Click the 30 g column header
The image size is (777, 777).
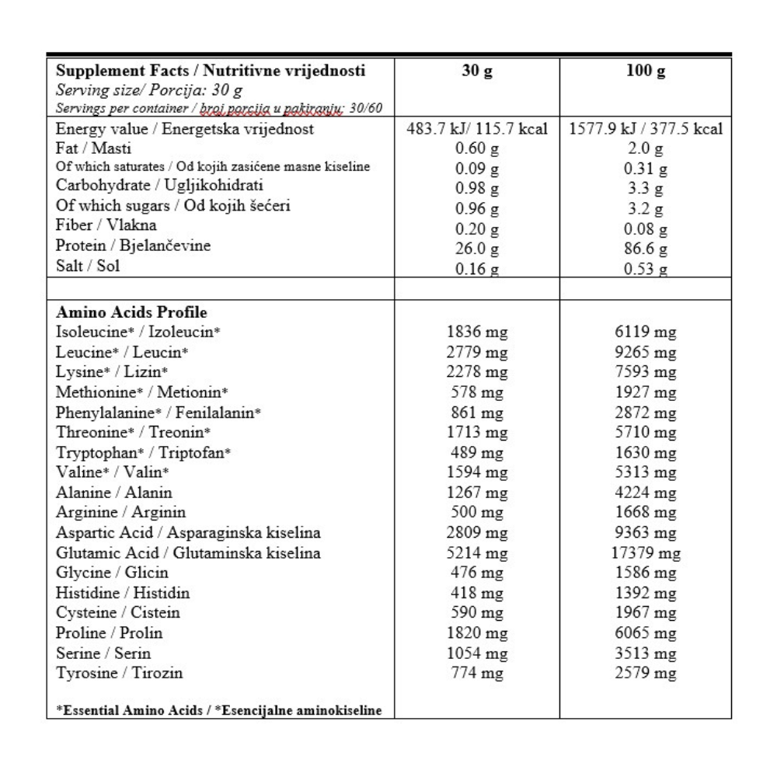(x=477, y=72)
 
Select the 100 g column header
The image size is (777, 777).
(x=645, y=72)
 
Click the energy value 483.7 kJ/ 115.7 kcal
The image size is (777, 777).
(x=477, y=130)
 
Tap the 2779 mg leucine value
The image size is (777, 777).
(x=477, y=353)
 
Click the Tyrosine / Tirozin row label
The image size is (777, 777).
(x=120, y=673)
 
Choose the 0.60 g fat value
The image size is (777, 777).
(x=477, y=150)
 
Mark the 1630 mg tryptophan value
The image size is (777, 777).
(x=645, y=453)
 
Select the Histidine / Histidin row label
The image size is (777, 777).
(x=124, y=593)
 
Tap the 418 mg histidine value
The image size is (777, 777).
(x=477, y=594)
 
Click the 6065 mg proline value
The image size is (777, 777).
(x=645, y=634)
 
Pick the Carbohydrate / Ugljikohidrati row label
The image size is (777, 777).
(x=160, y=186)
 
